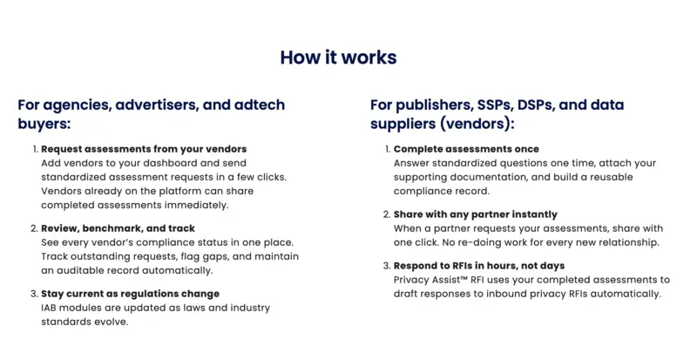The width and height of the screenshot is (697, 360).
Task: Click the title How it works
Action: coord(338,58)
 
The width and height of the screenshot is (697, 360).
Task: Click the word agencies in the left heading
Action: coord(78,105)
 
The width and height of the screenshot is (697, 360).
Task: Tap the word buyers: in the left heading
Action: coord(44,124)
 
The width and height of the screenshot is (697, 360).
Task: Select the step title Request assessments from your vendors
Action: coord(144,149)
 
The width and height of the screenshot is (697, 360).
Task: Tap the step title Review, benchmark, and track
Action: coord(118,228)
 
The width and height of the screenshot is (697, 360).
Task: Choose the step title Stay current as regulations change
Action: coord(130,294)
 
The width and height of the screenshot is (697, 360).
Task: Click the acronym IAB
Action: coord(49,308)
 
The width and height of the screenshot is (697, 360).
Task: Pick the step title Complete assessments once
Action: coord(466,149)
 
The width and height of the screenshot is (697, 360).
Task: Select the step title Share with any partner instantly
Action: coord(475,214)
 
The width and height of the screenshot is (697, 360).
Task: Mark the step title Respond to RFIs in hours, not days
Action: coord(479,266)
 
